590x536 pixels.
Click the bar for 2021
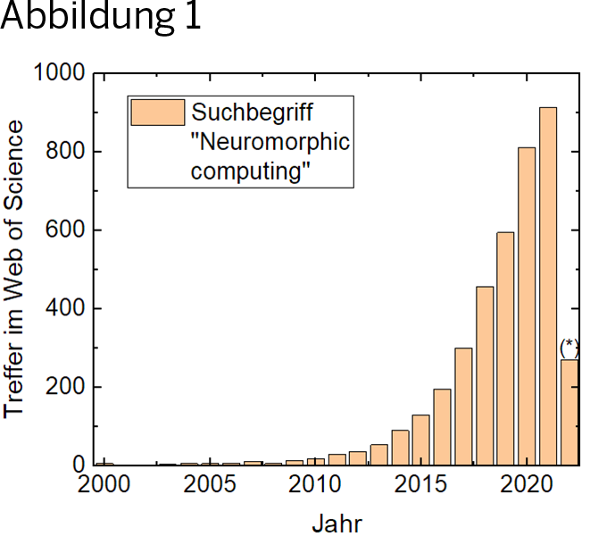[548, 286]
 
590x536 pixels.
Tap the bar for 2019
[505, 348]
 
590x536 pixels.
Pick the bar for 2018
[485, 375]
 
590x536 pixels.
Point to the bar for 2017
[463, 406]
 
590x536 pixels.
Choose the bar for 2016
[442, 427]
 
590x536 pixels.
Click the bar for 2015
[421, 440]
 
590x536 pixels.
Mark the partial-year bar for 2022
[569, 412]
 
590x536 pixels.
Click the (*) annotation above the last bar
[569, 347]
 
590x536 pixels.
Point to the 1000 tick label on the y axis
[59, 73]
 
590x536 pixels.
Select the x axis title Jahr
[337, 523]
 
